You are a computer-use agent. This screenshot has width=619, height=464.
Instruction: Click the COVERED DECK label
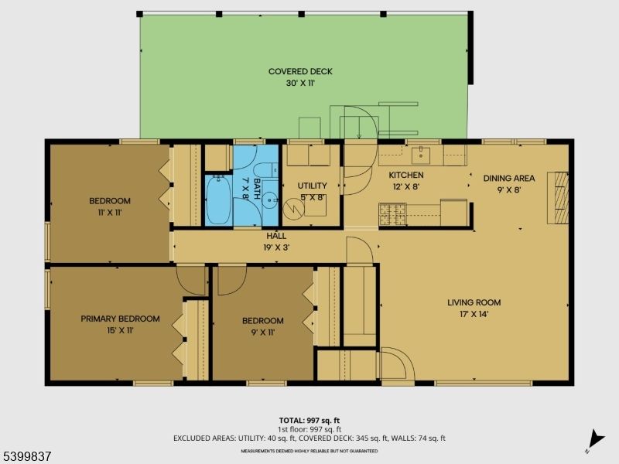(300, 72)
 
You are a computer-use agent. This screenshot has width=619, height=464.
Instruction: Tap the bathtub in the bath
(217, 200)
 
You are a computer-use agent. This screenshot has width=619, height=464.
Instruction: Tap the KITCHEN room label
(405, 176)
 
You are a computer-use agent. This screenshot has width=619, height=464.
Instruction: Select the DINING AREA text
(508, 179)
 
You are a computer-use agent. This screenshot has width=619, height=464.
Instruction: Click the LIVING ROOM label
(474, 302)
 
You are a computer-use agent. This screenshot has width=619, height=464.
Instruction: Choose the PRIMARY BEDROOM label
(120, 319)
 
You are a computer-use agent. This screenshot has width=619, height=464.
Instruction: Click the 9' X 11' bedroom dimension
(262, 332)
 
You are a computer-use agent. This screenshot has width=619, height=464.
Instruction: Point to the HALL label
(276, 235)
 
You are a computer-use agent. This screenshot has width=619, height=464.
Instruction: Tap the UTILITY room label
(312, 186)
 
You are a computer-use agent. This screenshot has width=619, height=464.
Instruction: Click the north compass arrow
(594, 438)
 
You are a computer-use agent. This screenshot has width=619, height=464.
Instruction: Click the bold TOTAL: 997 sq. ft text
(309, 420)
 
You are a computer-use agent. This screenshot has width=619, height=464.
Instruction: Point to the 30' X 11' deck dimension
(300, 83)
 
